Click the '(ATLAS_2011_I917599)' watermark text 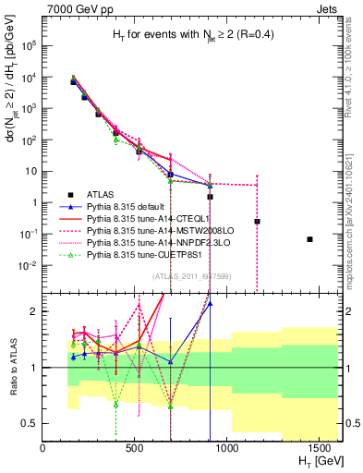189,275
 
